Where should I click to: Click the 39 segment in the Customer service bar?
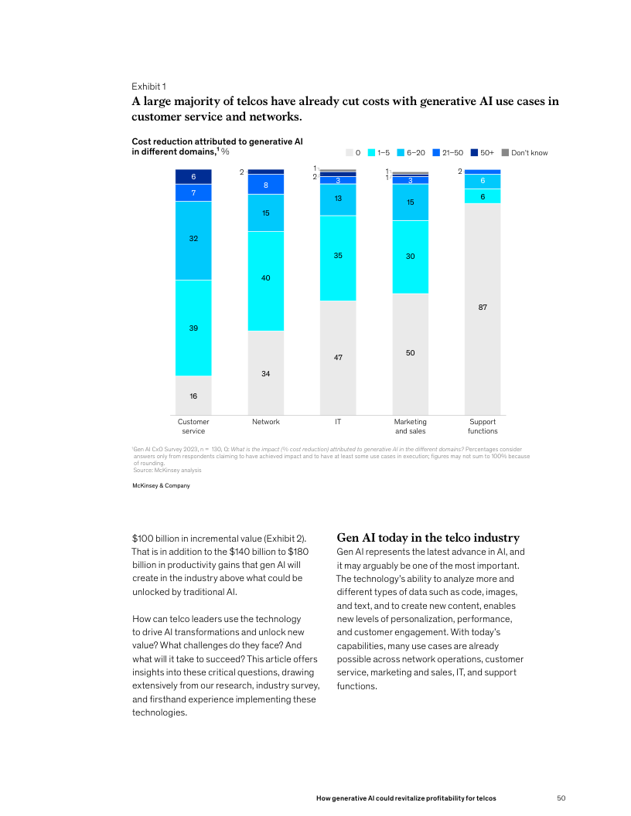pos(193,328)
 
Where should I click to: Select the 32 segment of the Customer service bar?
pos(193,240)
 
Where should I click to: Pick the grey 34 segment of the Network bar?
pos(265,373)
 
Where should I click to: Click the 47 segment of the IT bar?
pos(338,357)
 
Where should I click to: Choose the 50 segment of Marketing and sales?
pos(410,353)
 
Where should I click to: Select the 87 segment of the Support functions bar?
pos(483,308)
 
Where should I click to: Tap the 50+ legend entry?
pos(482,152)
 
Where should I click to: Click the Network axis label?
pos(265,422)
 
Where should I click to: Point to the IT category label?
pos(338,422)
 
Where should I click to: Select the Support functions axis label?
pos(483,427)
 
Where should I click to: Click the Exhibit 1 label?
pos(148,87)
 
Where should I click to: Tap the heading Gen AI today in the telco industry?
pos(428,538)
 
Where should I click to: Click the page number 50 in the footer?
pos(562,797)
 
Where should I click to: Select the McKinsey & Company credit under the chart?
pos(162,485)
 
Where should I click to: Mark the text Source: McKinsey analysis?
pos(167,470)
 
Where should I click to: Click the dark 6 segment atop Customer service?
pos(193,177)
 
